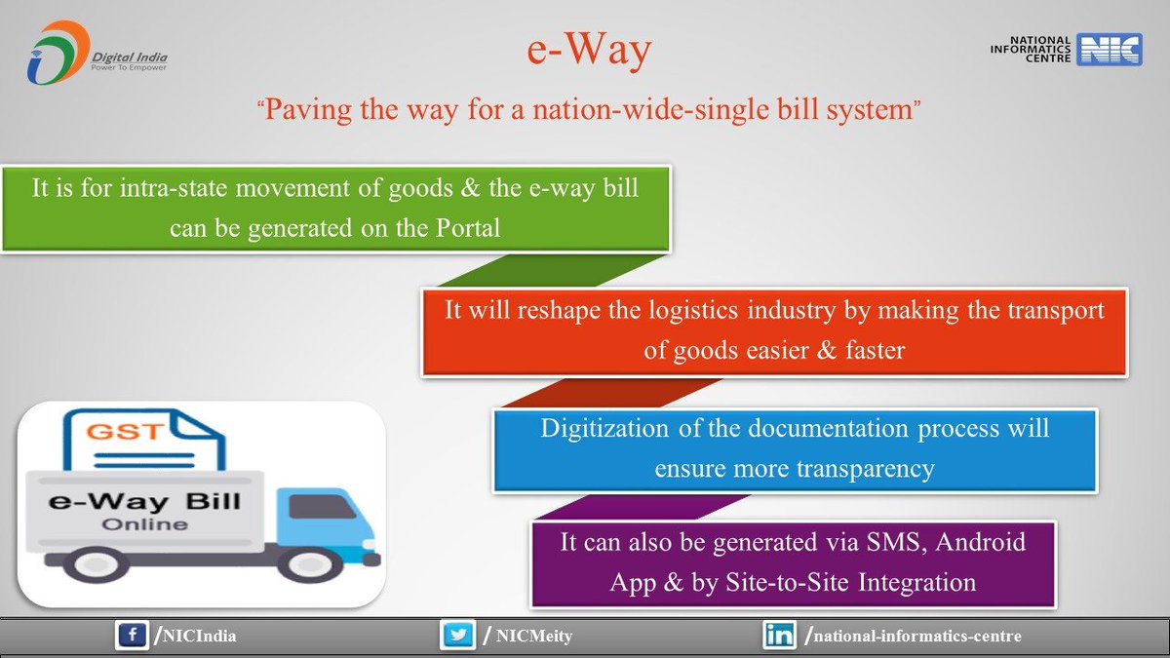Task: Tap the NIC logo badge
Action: (x=1109, y=50)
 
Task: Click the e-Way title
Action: (x=584, y=52)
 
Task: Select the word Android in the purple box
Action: (x=978, y=542)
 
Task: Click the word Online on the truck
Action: (x=147, y=524)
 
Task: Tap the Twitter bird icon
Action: (x=456, y=637)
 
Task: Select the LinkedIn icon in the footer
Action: (x=778, y=637)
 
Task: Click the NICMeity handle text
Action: (x=532, y=638)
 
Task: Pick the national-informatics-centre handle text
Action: (x=916, y=638)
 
